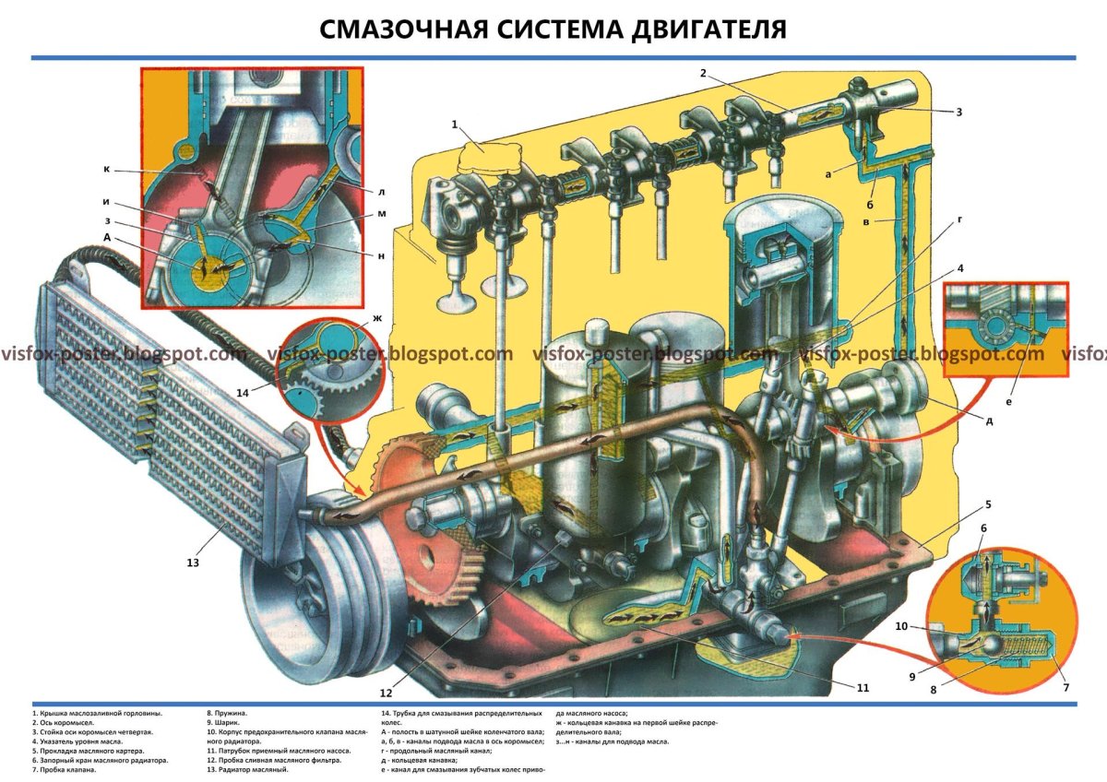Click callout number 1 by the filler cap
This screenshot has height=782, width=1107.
pyautogui.click(x=455, y=124)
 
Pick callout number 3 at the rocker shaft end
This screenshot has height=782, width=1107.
pyautogui.click(x=958, y=112)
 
